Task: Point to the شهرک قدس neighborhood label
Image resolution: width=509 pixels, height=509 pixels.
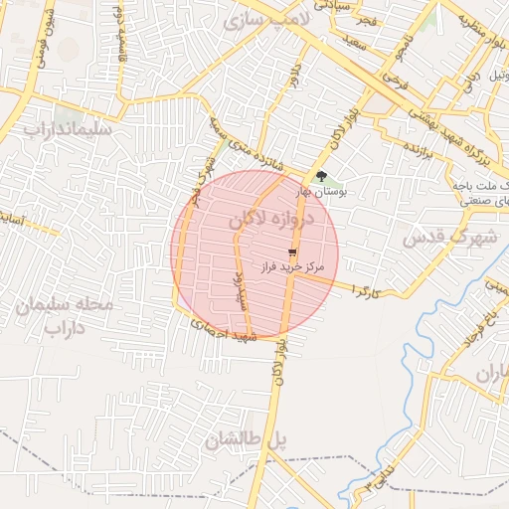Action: pyautogui.click(x=448, y=237)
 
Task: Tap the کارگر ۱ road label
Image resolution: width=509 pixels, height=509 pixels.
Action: pyautogui.click(x=365, y=291)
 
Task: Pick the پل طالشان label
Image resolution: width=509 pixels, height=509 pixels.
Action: pyautogui.click(x=245, y=438)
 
